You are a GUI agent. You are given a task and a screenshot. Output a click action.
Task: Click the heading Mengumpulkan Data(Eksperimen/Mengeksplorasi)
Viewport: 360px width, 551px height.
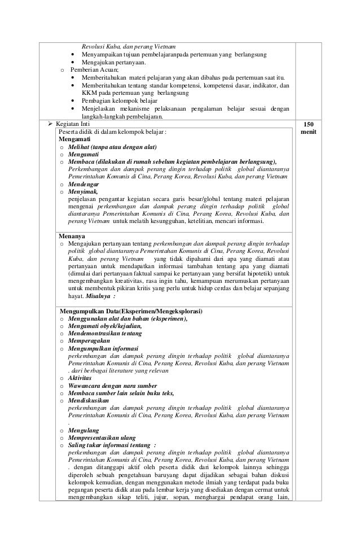pyautogui.click(x=131, y=311)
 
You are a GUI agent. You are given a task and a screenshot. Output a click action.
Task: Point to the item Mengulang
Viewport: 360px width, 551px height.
pyautogui.click(x=83, y=430)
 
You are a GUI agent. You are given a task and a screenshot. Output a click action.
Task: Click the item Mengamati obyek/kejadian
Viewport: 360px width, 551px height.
pyautogui.click(x=104, y=326)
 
